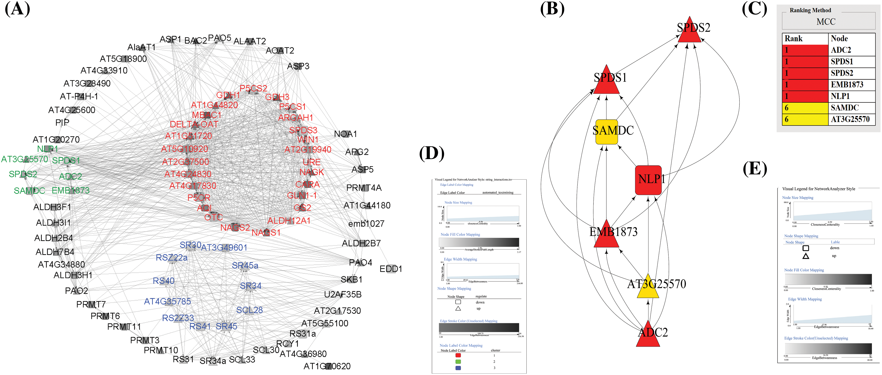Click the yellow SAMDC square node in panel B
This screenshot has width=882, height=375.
pyautogui.click(x=606, y=132)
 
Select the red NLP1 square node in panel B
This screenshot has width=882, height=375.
pyautogui.click(x=648, y=180)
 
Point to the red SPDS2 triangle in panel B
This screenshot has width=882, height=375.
pyautogui.click(x=690, y=31)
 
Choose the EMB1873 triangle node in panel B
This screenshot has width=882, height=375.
pyautogui.click(x=606, y=236)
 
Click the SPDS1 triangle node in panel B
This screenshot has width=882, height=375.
pyautogui.click(x=606, y=81)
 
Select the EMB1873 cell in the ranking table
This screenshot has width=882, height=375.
pyautogui.click(x=847, y=84)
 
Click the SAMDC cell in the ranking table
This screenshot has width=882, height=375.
pyautogui.click(x=845, y=108)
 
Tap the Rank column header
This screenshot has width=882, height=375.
pyautogui.click(x=793, y=39)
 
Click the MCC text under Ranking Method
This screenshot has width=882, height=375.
pyautogui.click(x=826, y=22)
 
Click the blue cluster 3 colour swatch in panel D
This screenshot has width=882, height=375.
pyautogui.click(x=458, y=368)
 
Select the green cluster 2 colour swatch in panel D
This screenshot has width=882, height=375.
pyautogui.click(x=458, y=362)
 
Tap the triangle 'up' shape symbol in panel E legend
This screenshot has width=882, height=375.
pyautogui.click(x=806, y=256)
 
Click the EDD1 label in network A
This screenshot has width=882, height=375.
pyautogui.click(x=391, y=269)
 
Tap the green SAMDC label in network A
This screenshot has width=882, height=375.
pyautogui.click(x=29, y=191)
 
